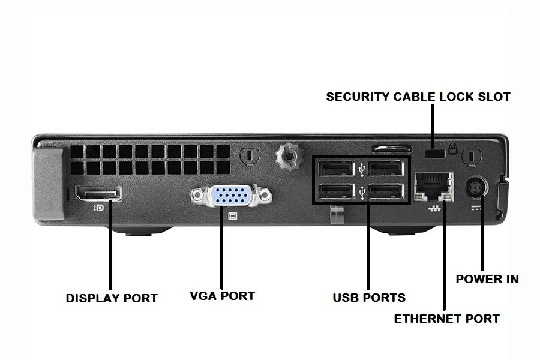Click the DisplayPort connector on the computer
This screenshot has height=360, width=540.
point(98,193)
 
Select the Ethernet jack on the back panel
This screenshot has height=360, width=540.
point(434,187)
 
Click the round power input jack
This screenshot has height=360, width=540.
point(476,188)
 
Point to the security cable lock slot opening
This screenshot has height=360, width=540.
point(435,153)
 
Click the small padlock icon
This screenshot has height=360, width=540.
point(453,149)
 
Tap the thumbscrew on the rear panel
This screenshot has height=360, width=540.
point(290,156)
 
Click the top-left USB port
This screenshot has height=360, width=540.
point(336,169)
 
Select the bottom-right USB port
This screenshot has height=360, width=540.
point(386,191)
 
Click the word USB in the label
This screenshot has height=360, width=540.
point(346,298)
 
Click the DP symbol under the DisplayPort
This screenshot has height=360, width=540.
point(98,208)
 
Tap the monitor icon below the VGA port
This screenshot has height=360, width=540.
point(233,216)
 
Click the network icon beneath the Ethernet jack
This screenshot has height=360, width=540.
point(434,208)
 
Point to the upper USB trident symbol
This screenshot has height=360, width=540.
point(361,169)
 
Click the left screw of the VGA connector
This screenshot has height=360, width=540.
point(197,196)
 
